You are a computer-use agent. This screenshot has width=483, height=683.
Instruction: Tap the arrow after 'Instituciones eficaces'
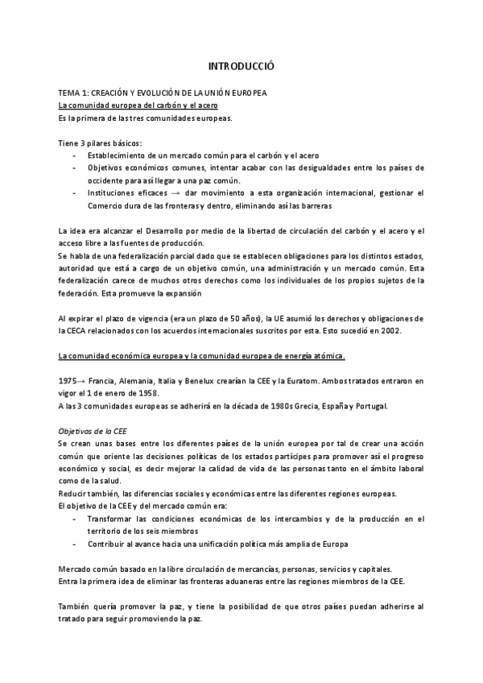pos(186,193)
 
